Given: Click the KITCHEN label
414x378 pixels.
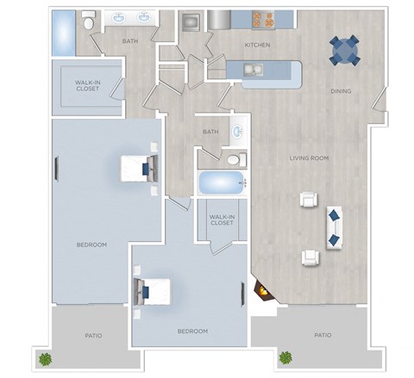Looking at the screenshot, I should tap(258, 45).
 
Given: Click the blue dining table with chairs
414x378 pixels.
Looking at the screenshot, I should tap(343, 52).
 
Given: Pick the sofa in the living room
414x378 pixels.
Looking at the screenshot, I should tap(333, 226).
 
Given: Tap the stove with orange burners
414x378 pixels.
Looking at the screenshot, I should tap(261, 18).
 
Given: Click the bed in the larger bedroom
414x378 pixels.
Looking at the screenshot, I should tap(139, 167).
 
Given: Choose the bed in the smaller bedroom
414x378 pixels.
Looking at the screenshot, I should tap(152, 291).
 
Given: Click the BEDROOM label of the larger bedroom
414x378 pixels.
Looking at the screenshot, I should tap(91, 245).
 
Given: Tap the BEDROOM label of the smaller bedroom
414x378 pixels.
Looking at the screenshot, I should tap(192, 331).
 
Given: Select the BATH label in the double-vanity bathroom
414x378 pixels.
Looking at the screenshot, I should tap(129, 40).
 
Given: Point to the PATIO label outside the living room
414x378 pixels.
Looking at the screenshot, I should tap(323, 335).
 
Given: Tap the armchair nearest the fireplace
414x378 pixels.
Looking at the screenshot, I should tap(310, 256).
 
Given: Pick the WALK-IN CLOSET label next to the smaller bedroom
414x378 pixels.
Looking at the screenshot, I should tap(223, 220).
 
